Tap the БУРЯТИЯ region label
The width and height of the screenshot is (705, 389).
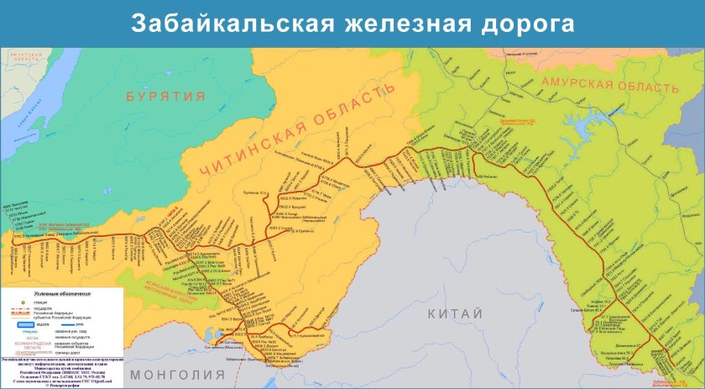click(166, 97)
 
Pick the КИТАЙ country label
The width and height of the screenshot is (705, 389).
click(455, 313)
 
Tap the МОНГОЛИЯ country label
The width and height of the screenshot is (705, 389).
click(172, 374)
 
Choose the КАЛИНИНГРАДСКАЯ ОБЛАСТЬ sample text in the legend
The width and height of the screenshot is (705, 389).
click(24, 344)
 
